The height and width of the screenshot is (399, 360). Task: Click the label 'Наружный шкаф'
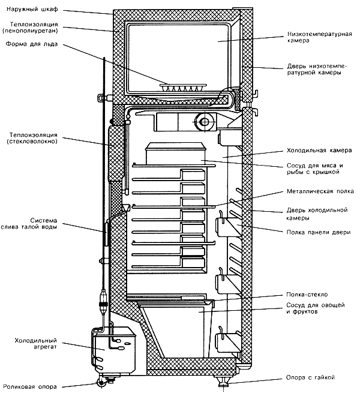[32, 10]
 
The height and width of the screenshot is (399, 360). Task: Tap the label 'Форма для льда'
[32, 44]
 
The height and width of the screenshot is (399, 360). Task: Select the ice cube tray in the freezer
[183, 87]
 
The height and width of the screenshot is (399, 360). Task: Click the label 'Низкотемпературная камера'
[320, 37]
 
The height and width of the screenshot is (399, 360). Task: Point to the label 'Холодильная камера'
[319, 151]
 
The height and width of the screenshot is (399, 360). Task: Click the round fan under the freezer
[204, 122]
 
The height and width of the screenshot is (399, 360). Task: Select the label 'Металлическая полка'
[320, 191]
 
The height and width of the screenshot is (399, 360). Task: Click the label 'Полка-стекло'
[307, 295]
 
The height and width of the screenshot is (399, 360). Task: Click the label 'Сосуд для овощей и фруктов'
[316, 308]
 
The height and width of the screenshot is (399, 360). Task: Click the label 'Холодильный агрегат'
[35, 344]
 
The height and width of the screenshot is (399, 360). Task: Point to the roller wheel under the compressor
[102, 383]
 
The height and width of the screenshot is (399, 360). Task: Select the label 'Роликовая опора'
[30, 387]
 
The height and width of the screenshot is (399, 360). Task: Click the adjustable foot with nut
[224, 381]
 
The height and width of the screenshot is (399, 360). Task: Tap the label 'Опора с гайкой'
[310, 377]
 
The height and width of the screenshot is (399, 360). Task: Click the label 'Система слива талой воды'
[29, 223]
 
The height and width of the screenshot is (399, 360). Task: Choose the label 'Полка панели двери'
[319, 232]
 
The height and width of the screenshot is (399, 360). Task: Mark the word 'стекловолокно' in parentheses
[32, 141]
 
